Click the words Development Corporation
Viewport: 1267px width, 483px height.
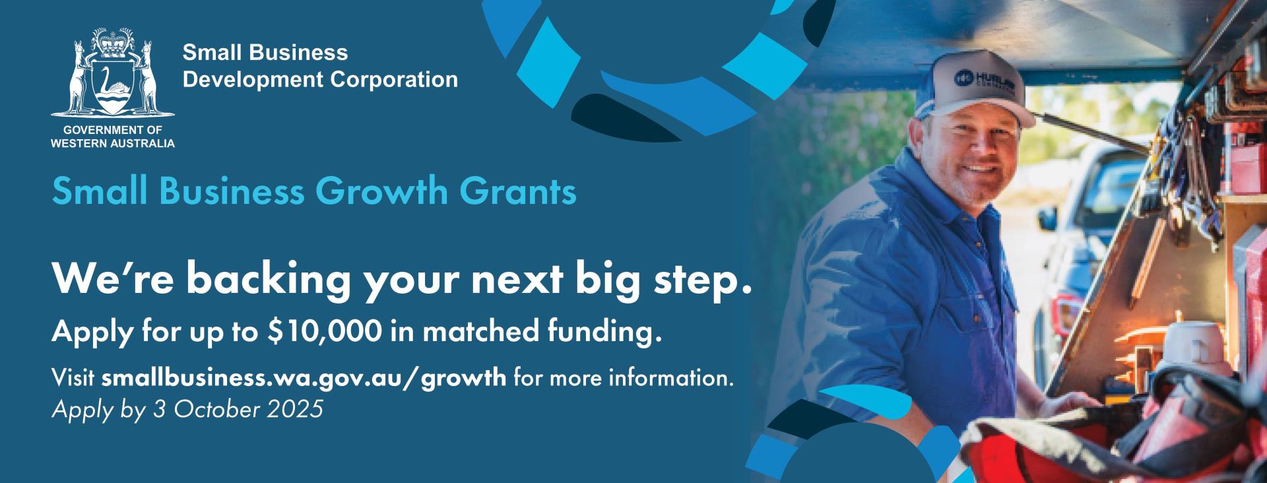coord(320,80)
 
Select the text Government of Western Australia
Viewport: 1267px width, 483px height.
coord(113,137)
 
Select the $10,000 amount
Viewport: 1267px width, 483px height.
coord(324,332)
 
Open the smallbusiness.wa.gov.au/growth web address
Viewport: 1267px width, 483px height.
coord(304,379)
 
